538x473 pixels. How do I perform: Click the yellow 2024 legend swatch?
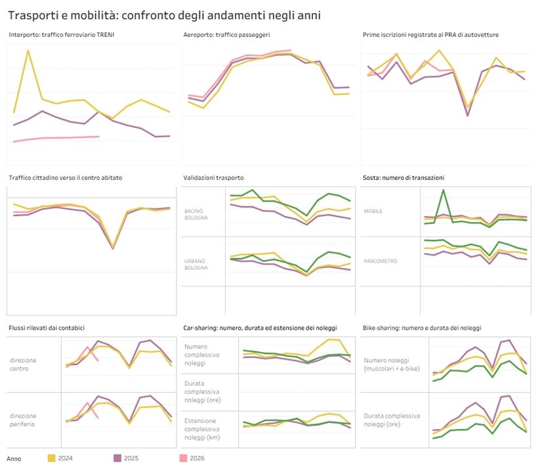click(51, 459)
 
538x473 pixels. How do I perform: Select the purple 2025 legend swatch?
click(117, 459)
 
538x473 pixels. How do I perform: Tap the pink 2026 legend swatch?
click(183, 459)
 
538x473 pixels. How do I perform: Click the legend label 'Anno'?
click(14, 459)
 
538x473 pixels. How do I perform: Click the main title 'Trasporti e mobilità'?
click(63, 16)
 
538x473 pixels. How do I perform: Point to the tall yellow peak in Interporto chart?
click(28, 51)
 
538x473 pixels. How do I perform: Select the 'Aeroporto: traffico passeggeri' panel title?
click(226, 35)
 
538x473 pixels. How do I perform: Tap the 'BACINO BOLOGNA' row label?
click(196, 214)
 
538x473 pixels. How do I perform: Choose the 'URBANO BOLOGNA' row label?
click(196, 265)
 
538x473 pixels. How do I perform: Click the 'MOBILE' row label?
click(373, 212)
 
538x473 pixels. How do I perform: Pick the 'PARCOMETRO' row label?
click(381, 261)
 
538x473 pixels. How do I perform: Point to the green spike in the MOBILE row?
click(444, 191)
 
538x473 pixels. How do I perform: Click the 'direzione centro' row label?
click(23, 365)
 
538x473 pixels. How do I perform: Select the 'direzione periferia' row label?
click(23, 420)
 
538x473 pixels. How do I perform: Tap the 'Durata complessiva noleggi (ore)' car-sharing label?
click(203, 392)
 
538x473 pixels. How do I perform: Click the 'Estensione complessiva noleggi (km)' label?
click(202, 429)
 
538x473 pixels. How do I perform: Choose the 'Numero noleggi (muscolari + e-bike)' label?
click(392, 365)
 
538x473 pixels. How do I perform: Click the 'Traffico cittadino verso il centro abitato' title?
click(66, 178)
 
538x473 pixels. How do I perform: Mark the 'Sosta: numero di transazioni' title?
click(403, 178)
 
